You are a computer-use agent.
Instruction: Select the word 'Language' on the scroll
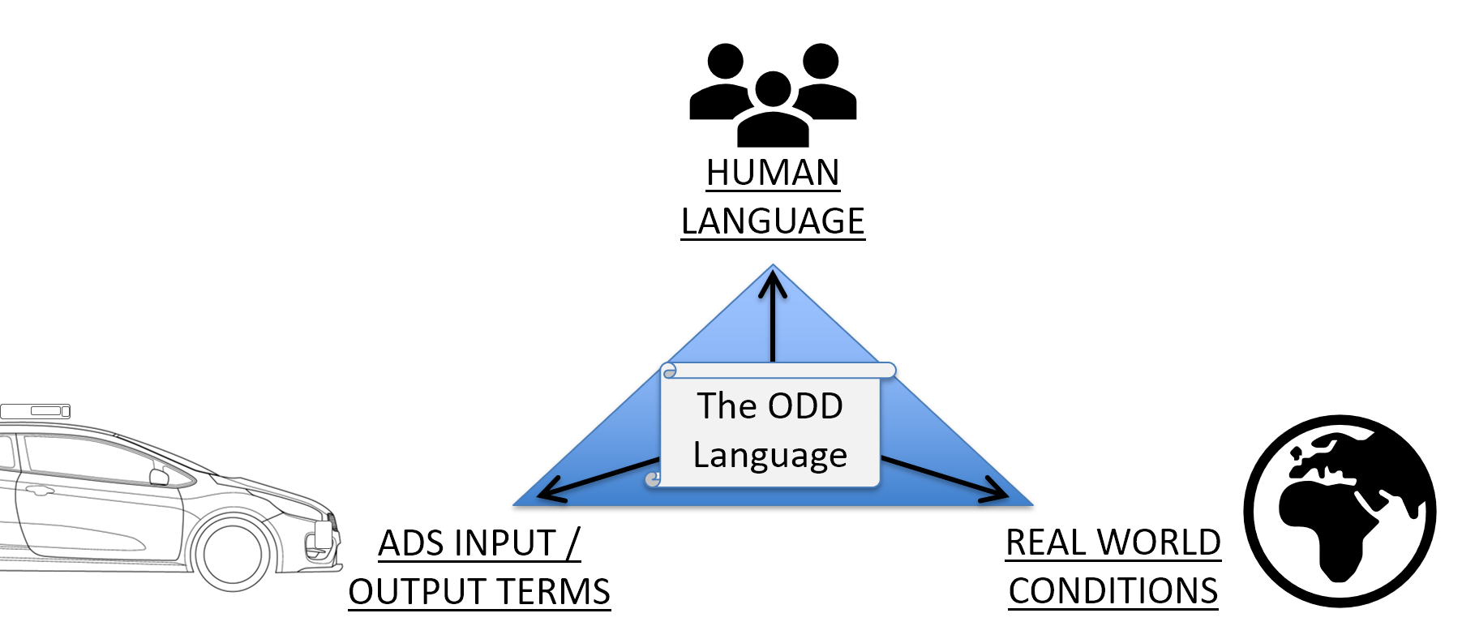(x=770, y=455)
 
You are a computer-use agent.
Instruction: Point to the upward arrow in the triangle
(x=773, y=316)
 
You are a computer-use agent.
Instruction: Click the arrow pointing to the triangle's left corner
(x=596, y=479)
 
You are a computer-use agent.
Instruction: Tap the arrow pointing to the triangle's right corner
(x=945, y=478)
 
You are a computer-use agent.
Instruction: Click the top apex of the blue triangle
(x=773, y=267)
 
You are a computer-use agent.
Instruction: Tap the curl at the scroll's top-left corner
(x=669, y=371)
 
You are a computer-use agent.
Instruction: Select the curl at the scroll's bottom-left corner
(x=653, y=480)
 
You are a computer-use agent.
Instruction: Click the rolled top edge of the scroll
(x=778, y=371)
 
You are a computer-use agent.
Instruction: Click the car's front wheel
(x=233, y=553)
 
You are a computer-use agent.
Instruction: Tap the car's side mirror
(x=159, y=477)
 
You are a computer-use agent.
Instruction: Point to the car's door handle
(x=38, y=490)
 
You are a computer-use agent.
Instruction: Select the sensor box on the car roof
(x=35, y=411)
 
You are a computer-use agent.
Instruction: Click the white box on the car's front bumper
(x=323, y=533)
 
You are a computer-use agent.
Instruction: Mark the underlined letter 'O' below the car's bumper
(x=361, y=593)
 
